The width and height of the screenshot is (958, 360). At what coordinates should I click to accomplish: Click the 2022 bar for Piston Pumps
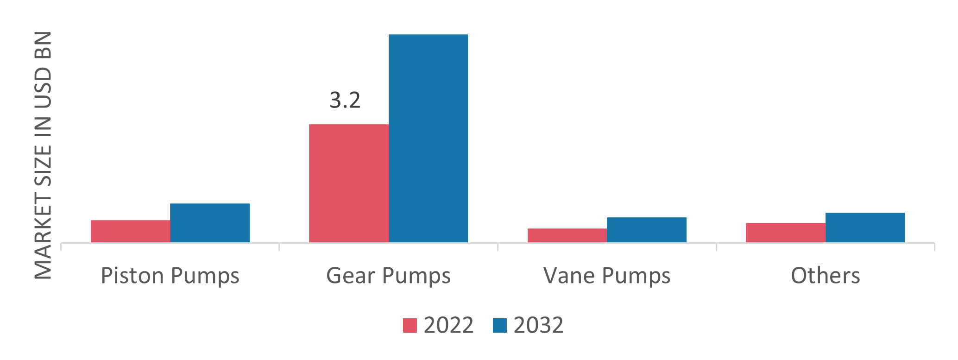pyautogui.click(x=130, y=231)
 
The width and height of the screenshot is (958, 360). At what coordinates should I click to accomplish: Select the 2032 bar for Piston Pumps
pyautogui.click(x=210, y=223)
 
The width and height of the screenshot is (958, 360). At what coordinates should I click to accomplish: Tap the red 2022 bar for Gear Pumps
pyautogui.click(x=348, y=183)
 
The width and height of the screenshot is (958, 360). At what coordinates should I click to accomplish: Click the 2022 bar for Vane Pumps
pyautogui.click(x=567, y=235)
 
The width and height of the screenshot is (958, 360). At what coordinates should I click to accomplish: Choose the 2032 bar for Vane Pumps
pyautogui.click(x=647, y=230)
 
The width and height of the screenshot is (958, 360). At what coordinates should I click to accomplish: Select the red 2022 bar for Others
pyautogui.click(x=785, y=233)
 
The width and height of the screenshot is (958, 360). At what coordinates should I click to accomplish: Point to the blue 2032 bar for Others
pyautogui.click(x=865, y=227)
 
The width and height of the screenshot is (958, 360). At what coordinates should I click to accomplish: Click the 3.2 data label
pyautogui.click(x=345, y=101)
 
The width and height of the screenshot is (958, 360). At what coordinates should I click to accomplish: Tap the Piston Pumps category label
pyautogui.click(x=170, y=276)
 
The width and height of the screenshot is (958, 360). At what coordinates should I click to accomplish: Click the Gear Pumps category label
pyautogui.click(x=388, y=276)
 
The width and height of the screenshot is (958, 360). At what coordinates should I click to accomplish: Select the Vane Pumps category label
pyautogui.click(x=607, y=276)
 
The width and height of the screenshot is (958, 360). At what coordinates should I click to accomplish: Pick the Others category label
pyautogui.click(x=825, y=276)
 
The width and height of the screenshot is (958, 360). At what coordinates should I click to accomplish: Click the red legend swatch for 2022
pyautogui.click(x=410, y=325)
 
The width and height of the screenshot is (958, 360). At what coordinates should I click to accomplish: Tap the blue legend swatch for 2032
pyautogui.click(x=500, y=325)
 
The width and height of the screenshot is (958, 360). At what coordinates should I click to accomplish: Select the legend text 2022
pyautogui.click(x=448, y=325)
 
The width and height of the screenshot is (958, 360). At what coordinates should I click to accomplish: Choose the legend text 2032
pyautogui.click(x=538, y=325)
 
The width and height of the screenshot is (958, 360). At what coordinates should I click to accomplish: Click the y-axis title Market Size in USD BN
pyautogui.click(x=44, y=155)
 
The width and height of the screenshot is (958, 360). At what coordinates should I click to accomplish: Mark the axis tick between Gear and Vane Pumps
pyautogui.click(x=498, y=246)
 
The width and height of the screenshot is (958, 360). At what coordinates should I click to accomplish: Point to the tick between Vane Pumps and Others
pyautogui.click(x=716, y=246)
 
